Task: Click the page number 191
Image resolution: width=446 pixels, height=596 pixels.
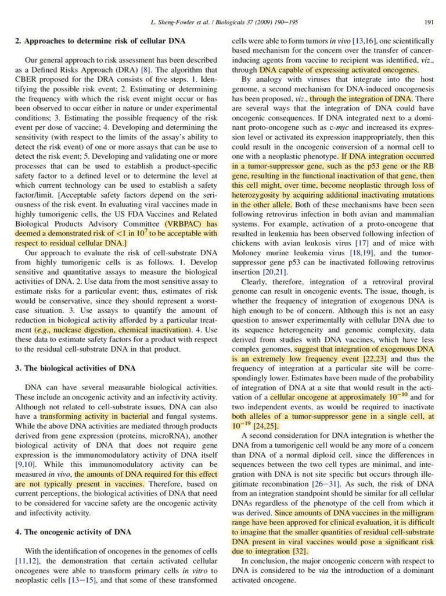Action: [x=429, y=23]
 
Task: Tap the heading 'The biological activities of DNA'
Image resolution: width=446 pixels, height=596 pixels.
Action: [x=80, y=368]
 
